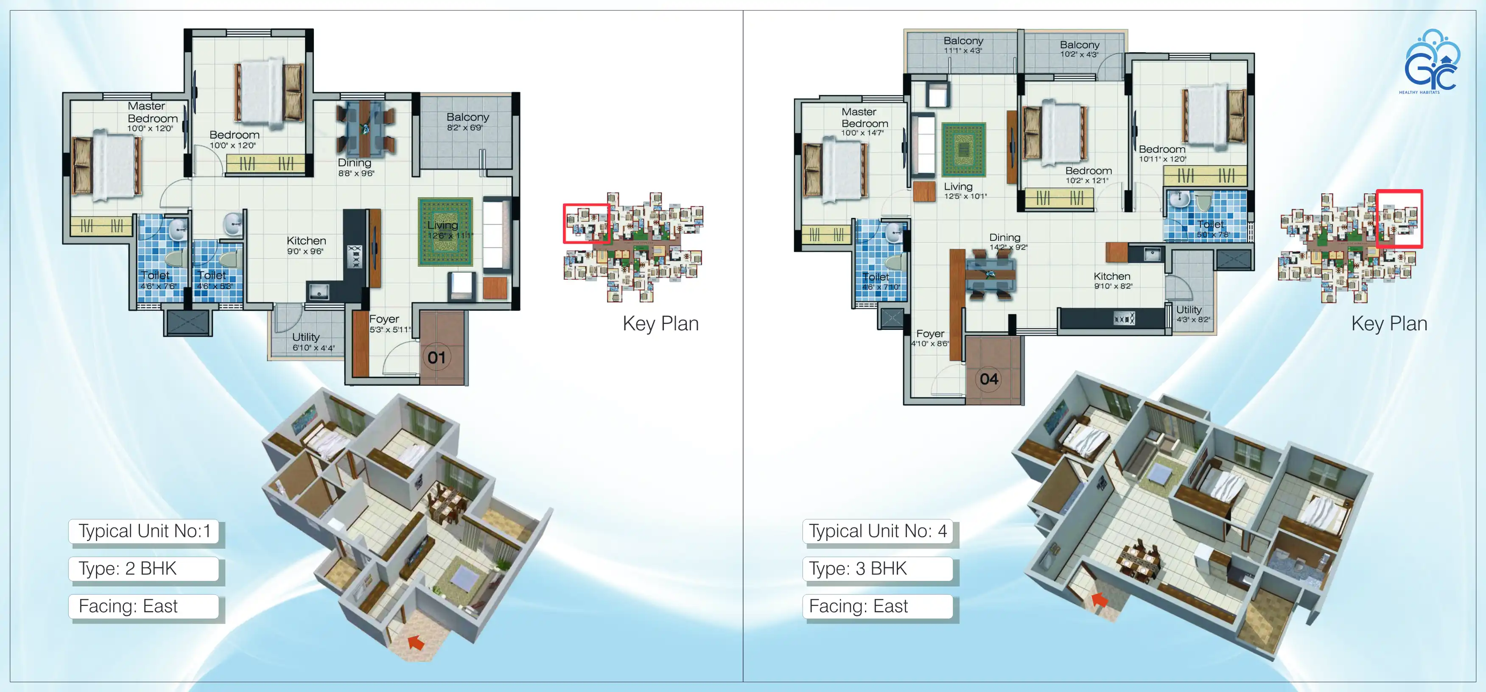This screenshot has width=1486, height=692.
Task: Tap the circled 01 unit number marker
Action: (x=437, y=357)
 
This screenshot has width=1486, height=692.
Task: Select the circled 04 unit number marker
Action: (x=989, y=379)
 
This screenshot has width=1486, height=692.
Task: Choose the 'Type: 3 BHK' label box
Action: (x=877, y=569)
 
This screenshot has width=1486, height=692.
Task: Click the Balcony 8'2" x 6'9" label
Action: (x=467, y=122)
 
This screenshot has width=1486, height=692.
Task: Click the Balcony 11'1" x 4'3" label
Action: (x=963, y=45)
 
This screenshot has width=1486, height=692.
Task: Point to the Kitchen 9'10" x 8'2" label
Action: (x=1113, y=280)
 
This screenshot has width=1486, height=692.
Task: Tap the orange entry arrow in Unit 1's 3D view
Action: (x=415, y=642)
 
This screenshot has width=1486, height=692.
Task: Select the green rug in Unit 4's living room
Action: (x=964, y=149)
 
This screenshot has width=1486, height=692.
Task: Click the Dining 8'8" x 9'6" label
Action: (x=355, y=167)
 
